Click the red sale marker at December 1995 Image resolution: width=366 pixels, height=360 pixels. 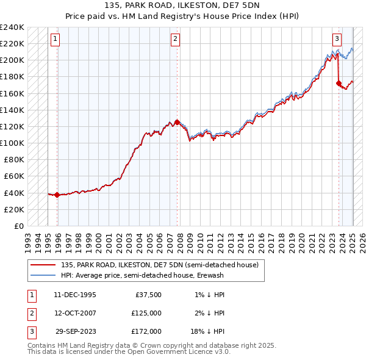click(57, 195)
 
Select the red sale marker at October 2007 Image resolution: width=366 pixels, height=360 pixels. click(177, 122)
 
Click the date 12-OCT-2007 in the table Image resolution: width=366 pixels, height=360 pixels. click(75, 313)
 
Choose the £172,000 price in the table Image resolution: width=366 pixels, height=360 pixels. click(146, 331)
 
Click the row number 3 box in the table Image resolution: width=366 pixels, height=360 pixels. click(31, 331)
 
